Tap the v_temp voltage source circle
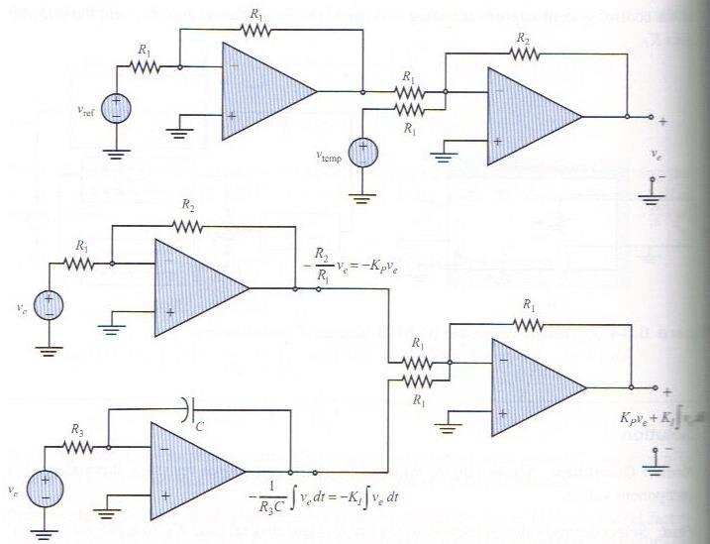pyautogui.click(x=362, y=153)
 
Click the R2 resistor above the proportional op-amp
pyautogui.click(x=189, y=226)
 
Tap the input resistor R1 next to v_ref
pyautogui.click(x=146, y=67)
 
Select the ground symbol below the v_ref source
pyautogui.click(x=116, y=154)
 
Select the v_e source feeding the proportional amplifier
pyautogui.click(x=46, y=304)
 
